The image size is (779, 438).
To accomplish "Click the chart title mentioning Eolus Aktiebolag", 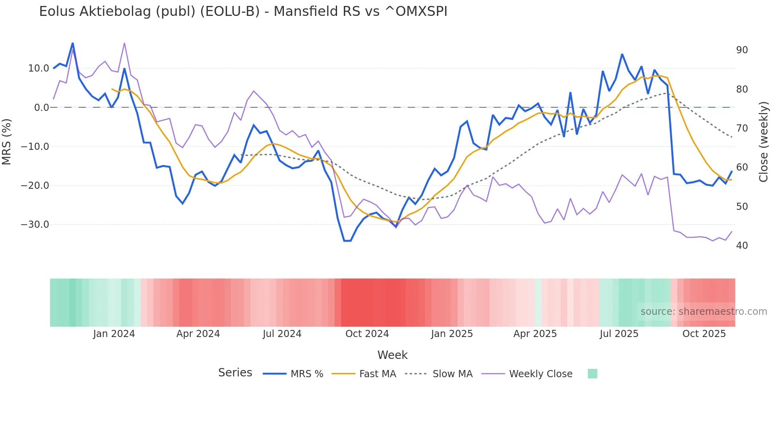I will tap(243, 12).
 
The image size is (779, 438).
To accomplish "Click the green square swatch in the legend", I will tap(592, 374).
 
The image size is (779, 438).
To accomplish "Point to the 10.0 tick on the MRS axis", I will tap(39, 68).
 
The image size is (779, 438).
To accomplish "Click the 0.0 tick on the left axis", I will tap(42, 108).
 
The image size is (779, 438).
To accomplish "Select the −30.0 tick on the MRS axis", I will tap(35, 225).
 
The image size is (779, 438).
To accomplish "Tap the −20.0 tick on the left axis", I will tap(35, 186).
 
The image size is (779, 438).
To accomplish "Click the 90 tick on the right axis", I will tap(742, 50).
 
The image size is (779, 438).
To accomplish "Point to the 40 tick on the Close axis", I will tap(742, 246).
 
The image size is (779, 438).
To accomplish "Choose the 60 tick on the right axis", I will tap(742, 167).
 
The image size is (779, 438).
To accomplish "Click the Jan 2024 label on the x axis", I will tap(114, 334).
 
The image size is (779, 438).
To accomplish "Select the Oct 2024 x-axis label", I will tap(367, 334).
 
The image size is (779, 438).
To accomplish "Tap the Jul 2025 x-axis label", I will tap(619, 334).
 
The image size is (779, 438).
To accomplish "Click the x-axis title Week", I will tap(392, 355).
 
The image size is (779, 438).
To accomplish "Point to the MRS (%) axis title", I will tap(7, 141).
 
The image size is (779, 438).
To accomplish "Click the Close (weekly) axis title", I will tap(763, 142).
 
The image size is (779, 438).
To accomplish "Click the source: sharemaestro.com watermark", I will tap(703, 312).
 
